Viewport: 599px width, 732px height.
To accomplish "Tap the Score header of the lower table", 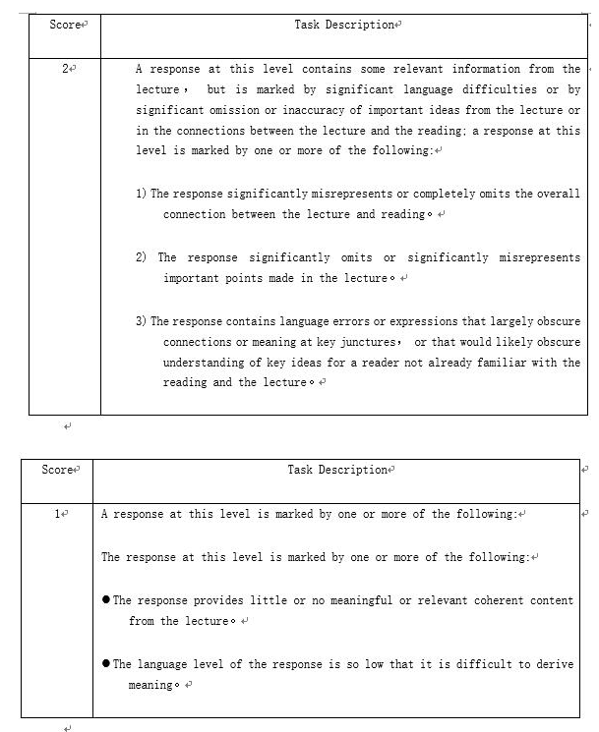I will coord(58,470).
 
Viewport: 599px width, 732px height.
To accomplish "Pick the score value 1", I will coord(58,514).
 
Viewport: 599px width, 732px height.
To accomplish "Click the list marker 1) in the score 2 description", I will coord(141,194).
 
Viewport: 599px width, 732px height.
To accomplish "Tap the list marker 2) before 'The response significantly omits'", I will coord(141,257).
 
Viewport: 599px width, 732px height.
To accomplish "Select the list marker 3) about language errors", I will coord(141,321).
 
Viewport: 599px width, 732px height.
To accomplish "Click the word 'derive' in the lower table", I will coord(555,664).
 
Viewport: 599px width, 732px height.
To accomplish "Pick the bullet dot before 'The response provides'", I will coord(106,600).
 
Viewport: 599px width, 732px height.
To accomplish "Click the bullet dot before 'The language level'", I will coord(106,664).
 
